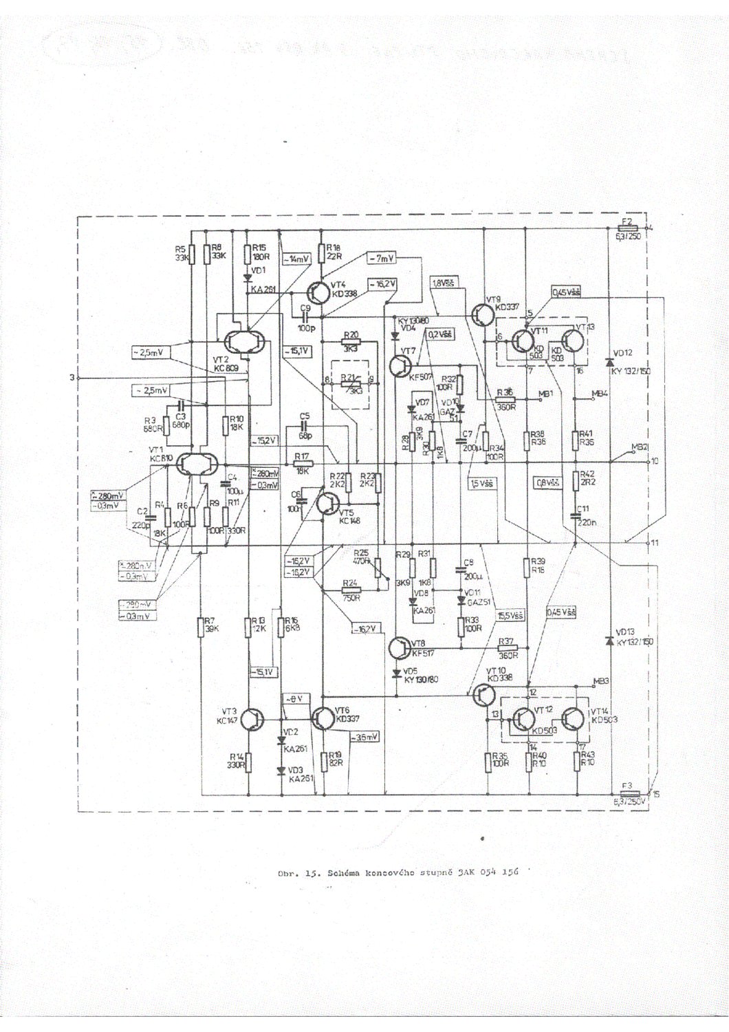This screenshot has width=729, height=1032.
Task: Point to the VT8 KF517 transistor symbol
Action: click(398, 647)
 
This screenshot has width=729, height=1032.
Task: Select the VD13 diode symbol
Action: click(609, 641)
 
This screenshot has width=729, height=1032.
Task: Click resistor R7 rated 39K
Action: click(199, 627)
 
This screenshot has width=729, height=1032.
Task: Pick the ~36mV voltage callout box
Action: click(364, 738)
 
